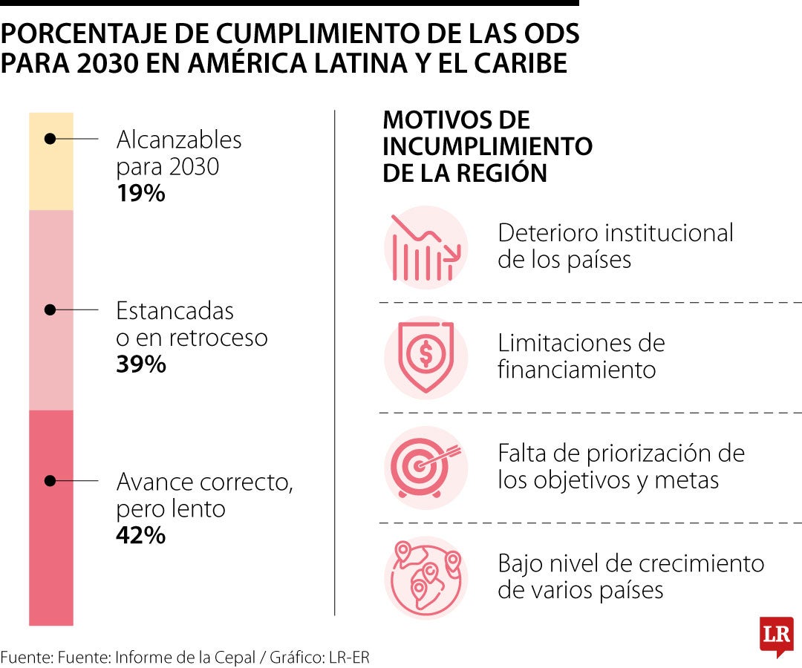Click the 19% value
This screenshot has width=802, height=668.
click(140, 193)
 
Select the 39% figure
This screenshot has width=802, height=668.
click(140, 364)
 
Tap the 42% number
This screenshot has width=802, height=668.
click(140, 536)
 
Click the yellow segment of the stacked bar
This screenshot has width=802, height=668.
click(51, 162)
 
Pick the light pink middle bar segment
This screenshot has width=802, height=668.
click(51, 310)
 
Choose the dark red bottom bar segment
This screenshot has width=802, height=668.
click(51, 518)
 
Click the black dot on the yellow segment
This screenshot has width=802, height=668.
click(50, 139)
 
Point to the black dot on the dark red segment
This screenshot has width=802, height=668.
click(50, 481)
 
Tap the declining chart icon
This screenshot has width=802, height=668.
click(426, 248)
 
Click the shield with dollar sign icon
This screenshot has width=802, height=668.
click(426, 358)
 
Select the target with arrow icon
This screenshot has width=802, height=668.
click(426, 468)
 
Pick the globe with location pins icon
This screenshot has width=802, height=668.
click(426, 578)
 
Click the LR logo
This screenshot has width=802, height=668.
click(777, 635)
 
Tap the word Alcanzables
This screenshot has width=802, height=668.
click(179, 140)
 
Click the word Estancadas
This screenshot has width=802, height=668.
click(175, 311)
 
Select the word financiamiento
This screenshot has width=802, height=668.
click(576, 370)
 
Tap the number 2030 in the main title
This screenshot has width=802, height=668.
click(108, 63)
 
